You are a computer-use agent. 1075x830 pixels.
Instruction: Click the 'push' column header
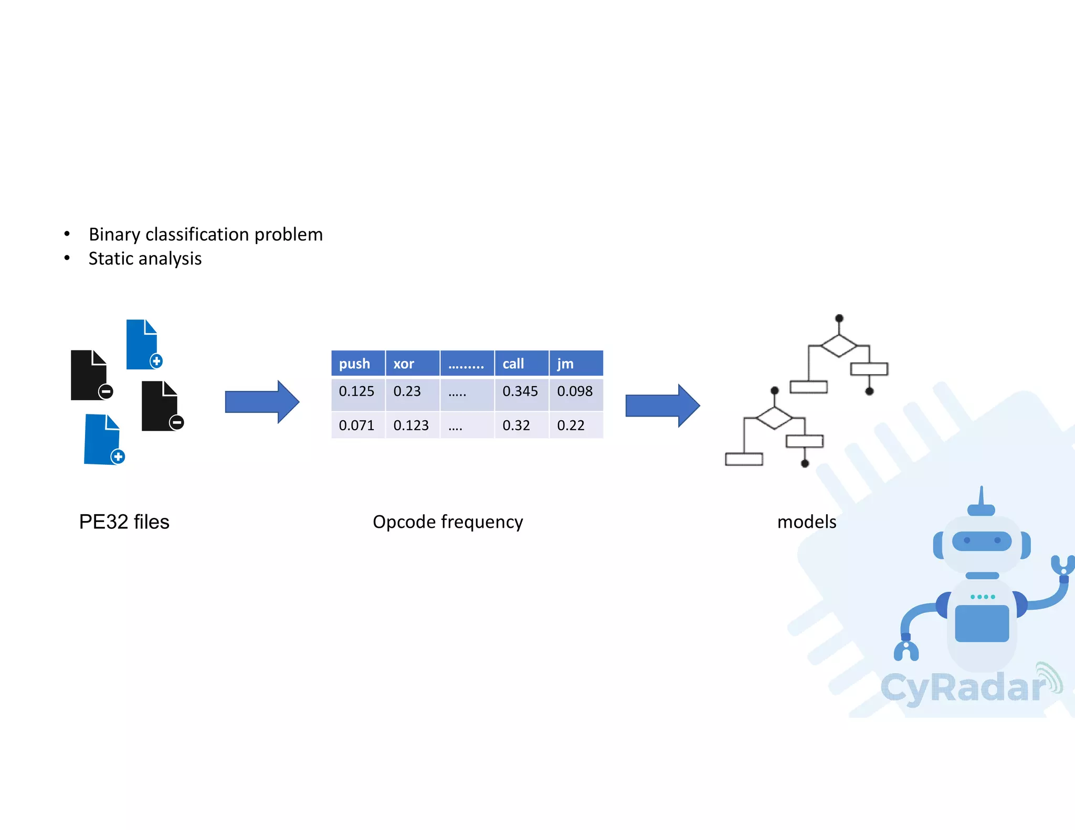(355, 364)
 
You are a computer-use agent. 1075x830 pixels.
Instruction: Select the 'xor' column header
(404, 364)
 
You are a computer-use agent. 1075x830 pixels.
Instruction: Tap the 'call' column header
(513, 364)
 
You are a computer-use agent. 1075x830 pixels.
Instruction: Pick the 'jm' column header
(565, 364)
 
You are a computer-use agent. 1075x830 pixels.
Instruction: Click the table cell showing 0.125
(357, 391)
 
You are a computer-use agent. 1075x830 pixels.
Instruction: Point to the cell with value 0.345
(520, 391)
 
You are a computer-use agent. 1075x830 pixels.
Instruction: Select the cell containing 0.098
(575, 391)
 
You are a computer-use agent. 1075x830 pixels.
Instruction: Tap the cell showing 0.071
(357, 425)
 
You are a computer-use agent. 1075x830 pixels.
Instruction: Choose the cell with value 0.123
(411, 425)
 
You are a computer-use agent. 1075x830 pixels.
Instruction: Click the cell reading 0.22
(571, 425)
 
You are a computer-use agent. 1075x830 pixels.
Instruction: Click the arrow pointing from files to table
(261, 402)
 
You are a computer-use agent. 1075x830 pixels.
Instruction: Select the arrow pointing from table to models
(662, 406)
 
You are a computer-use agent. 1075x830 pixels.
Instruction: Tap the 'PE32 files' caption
(124, 522)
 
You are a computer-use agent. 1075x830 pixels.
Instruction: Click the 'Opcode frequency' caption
(448, 522)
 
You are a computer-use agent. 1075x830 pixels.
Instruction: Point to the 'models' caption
(807, 522)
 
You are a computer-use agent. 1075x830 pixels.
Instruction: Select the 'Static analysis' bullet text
(145, 259)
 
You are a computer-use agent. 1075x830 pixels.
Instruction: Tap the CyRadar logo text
(963, 688)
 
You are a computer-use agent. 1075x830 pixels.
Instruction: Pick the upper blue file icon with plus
(143, 344)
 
